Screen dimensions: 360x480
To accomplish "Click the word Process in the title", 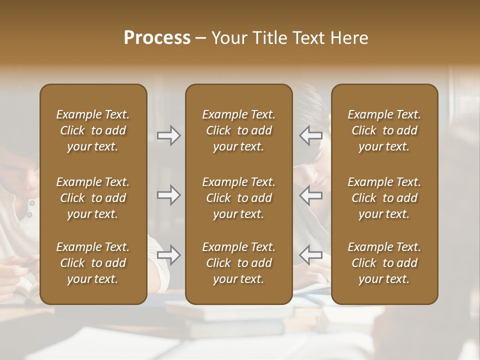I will tap(157, 38).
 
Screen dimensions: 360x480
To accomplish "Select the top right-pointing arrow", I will tap(169, 135).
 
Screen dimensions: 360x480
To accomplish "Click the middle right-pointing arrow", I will tap(169, 195).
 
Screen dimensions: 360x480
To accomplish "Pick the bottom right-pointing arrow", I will tap(169, 255).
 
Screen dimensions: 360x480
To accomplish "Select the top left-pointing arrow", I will tap(310, 135).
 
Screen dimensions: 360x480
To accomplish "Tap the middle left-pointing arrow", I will tap(310, 195).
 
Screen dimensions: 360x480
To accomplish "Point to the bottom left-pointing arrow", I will tap(310, 255).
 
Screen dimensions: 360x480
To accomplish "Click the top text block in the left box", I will tap(93, 130).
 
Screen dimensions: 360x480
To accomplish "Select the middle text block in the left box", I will tap(93, 198).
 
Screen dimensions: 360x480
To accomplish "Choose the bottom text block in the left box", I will tap(93, 263).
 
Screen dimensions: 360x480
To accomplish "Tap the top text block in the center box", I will tap(239, 130).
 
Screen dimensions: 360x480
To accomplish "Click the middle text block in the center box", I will tap(239, 198).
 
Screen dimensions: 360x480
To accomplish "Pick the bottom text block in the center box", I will tap(239, 263).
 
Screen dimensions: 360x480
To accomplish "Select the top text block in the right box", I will tap(384, 130).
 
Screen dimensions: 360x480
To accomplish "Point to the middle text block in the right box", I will tap(384, 198).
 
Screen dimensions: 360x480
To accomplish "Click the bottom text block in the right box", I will tap(384, 263).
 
